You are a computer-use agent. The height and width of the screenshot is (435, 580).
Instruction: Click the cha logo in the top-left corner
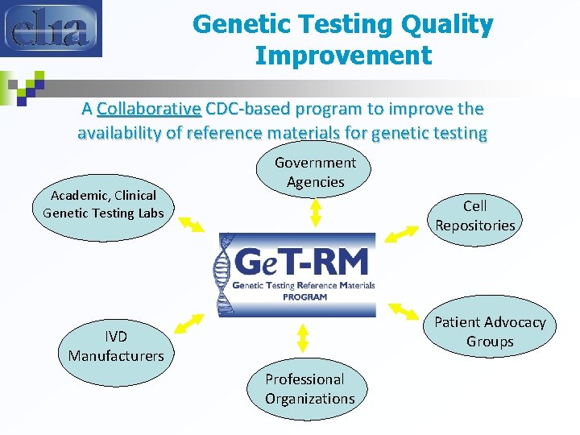point(51,28)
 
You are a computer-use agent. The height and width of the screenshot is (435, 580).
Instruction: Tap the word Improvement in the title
point(343,56)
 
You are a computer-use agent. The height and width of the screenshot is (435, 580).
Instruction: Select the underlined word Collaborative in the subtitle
point(148,109)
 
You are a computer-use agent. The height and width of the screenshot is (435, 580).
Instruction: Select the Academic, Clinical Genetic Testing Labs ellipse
point(103,205)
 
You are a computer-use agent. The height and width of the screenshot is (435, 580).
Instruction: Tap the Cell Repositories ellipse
point(474,216)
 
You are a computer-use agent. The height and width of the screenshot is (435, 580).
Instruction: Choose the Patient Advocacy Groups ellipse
point(490,331)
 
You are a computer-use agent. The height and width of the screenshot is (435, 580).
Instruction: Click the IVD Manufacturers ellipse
point(115,346)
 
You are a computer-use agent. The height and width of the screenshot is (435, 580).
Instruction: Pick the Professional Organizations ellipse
point(309,388)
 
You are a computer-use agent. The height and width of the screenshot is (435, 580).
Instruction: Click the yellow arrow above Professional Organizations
point(304,338)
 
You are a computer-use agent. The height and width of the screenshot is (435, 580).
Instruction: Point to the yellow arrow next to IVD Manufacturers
point(189,322)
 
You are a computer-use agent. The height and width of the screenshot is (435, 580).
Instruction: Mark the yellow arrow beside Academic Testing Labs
point(191,223)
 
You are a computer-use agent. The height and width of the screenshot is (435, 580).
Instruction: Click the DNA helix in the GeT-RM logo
point(223,275)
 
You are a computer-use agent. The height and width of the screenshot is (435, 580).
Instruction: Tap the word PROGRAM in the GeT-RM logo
point(304,296)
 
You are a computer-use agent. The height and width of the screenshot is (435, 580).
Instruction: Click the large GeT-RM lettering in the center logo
point(302,263)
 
